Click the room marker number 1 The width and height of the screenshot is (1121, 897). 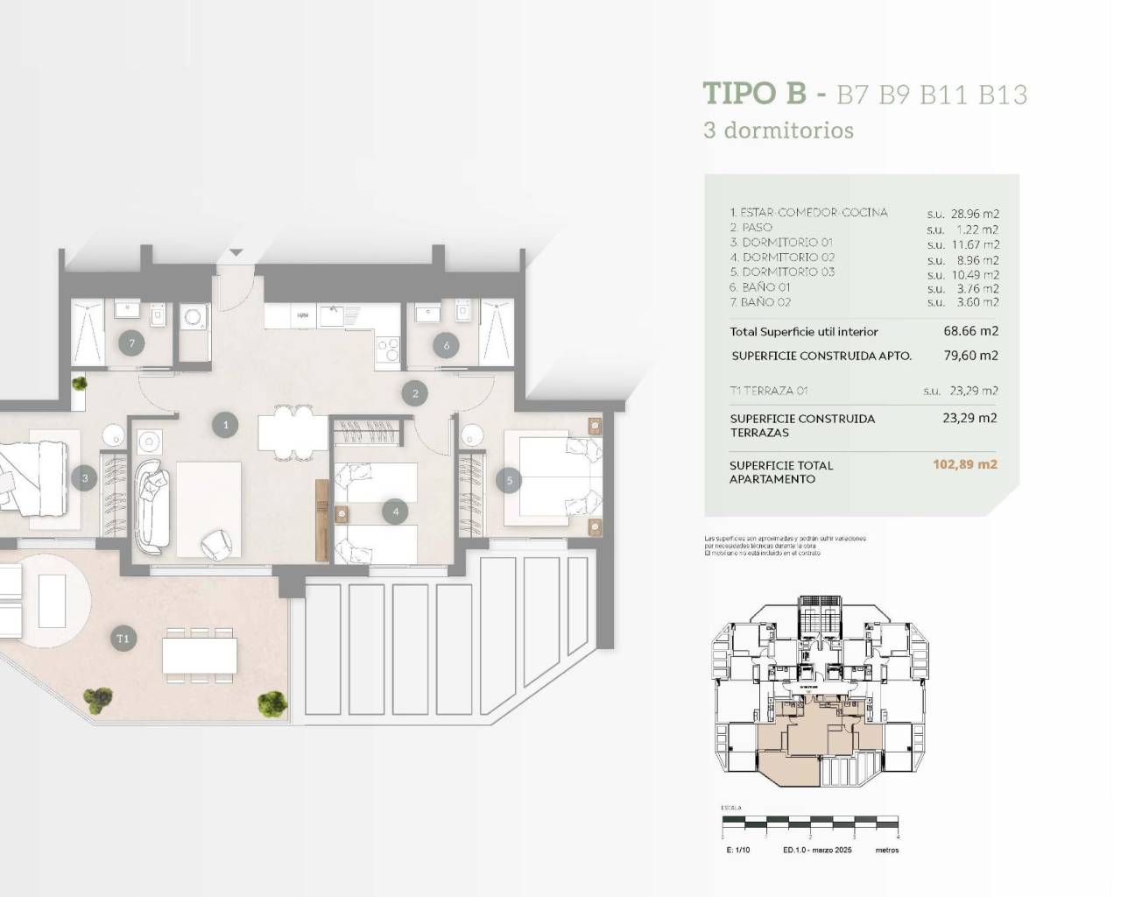pyautogui.click(x=225, y=426)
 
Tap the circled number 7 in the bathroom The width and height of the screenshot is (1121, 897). pyautogui.click(x=132, y=343)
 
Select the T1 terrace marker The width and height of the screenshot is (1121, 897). pyautogui.click(x=123, y=639)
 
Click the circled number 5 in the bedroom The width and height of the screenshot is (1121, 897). pyautogui.click(x=508, y=479)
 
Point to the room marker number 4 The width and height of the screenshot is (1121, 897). pyautogui.click(x=396, y=512)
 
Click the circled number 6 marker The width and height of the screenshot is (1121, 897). pyautogui.click(x=447, y=345)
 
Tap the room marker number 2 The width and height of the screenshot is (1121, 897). pyautogui.click(x=415, y=393)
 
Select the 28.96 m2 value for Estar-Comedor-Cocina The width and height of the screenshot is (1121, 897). pyautogui.click(x=974, y=214)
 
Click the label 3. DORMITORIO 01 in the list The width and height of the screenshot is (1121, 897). pyautogui.click(x=781, y=243)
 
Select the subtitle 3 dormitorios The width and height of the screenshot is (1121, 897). pyautogui.click(x=779, y=131)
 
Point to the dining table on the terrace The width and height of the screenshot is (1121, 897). pyautogui.click(x=200, y=654)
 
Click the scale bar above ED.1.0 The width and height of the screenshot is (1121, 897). pyautogui.click(x=810, y=823)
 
